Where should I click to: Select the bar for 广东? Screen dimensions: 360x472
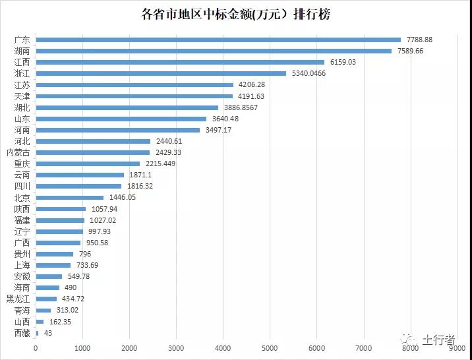point(218,40)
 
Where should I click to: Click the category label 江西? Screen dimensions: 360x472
point(22,62)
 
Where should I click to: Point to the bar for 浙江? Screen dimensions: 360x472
point(161,73)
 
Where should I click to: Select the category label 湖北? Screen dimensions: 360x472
point(22,107)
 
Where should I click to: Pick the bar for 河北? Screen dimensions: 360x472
point(93,141)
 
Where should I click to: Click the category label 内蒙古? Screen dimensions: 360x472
point(18,152)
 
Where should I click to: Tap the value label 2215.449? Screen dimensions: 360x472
point(160,164)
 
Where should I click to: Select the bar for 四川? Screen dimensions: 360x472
point(78,186)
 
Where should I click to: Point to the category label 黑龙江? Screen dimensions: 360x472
point(18,299)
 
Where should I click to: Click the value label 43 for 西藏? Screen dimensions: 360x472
point(47,333)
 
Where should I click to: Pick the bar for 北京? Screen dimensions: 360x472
point(70,197)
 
